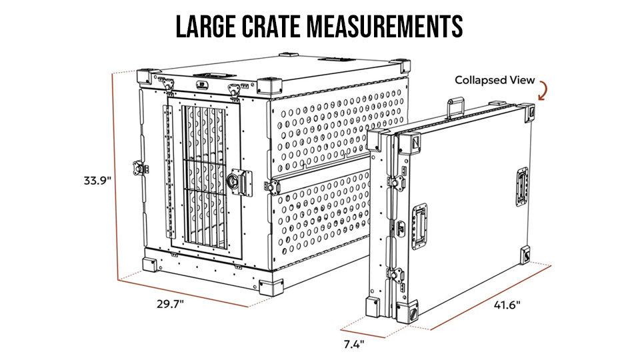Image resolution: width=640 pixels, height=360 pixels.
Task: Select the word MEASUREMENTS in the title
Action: [385, 27]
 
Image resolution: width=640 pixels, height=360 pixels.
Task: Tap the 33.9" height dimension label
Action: [97, 181]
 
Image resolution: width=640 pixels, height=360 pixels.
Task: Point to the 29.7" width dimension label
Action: [170, 304]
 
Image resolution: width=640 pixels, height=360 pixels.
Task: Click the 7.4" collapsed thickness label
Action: [353, 345]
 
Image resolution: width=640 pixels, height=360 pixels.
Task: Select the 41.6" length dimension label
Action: [507, 305]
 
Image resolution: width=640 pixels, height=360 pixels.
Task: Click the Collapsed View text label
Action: [495, 80]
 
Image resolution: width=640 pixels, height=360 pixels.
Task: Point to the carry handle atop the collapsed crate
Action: [456, 107]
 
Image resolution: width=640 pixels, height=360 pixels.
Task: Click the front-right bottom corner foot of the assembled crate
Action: [271, 287]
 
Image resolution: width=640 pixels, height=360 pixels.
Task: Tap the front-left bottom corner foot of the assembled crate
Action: [149, 265]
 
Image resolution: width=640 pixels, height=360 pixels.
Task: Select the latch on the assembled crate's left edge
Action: [139, 168]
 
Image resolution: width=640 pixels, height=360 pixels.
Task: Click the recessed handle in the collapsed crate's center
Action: [419, 227]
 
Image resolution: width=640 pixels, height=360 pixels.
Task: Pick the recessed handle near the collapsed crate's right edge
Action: [522, 187]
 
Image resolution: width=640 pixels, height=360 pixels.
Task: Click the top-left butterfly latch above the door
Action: [168, 85]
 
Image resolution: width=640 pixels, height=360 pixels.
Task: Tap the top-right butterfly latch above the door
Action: [235, 89]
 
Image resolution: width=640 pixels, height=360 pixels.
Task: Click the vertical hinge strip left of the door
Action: [168, 172]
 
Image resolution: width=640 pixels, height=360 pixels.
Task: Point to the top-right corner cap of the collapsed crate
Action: [529, 113]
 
